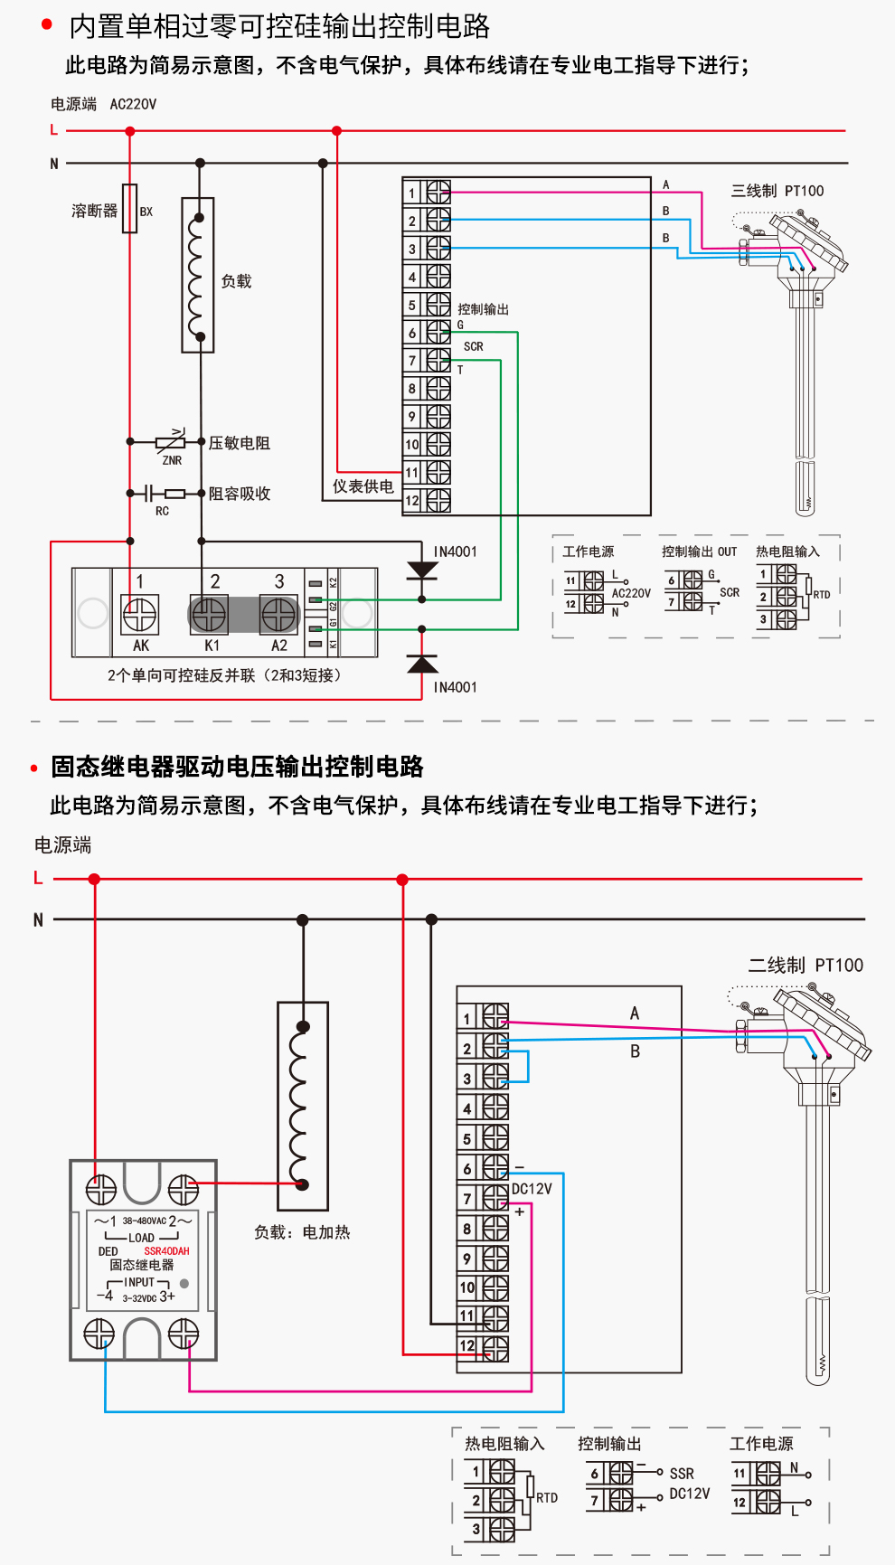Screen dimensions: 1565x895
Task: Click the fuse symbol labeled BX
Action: [130, 209]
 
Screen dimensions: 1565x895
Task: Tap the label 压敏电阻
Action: [239, 443]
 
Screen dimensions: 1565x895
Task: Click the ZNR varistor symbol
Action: [170, 442]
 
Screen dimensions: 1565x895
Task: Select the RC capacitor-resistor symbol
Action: [163, 494]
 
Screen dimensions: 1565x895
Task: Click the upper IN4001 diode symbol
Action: [422, 570]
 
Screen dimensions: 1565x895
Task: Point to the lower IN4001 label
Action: [455, 687]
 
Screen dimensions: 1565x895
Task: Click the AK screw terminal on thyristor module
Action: [140, 615]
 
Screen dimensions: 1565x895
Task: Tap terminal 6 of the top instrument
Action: [438, 333]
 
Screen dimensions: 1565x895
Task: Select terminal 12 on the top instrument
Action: [438, 500]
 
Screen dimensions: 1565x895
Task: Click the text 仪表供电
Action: [363, 486]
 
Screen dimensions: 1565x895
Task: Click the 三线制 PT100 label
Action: [777, 191]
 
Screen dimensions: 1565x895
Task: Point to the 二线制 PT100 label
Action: [805, 965]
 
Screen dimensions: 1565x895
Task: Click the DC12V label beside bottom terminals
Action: [532, 1189]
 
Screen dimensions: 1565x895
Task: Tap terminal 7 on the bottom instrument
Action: [495, 1198]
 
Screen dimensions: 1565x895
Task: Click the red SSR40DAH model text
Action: [166, 1251]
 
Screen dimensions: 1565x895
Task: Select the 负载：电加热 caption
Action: [301, 1232]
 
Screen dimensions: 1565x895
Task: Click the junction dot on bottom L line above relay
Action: [94, 879]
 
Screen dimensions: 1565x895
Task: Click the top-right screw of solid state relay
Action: [184, 1189]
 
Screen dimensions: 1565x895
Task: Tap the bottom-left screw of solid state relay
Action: [99, 1334]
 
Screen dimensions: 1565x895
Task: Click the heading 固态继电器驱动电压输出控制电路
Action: [237, 767]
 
